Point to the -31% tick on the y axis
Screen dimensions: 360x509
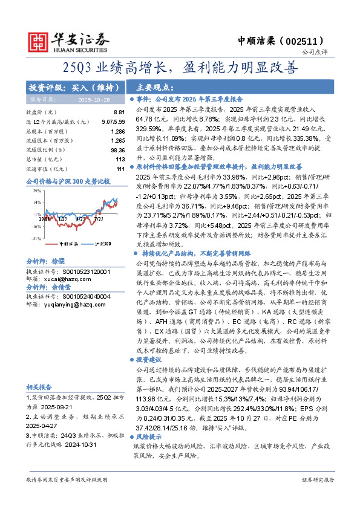(36, 239)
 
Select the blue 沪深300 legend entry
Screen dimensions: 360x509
(102, 243)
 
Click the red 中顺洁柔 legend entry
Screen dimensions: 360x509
(67, 243)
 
